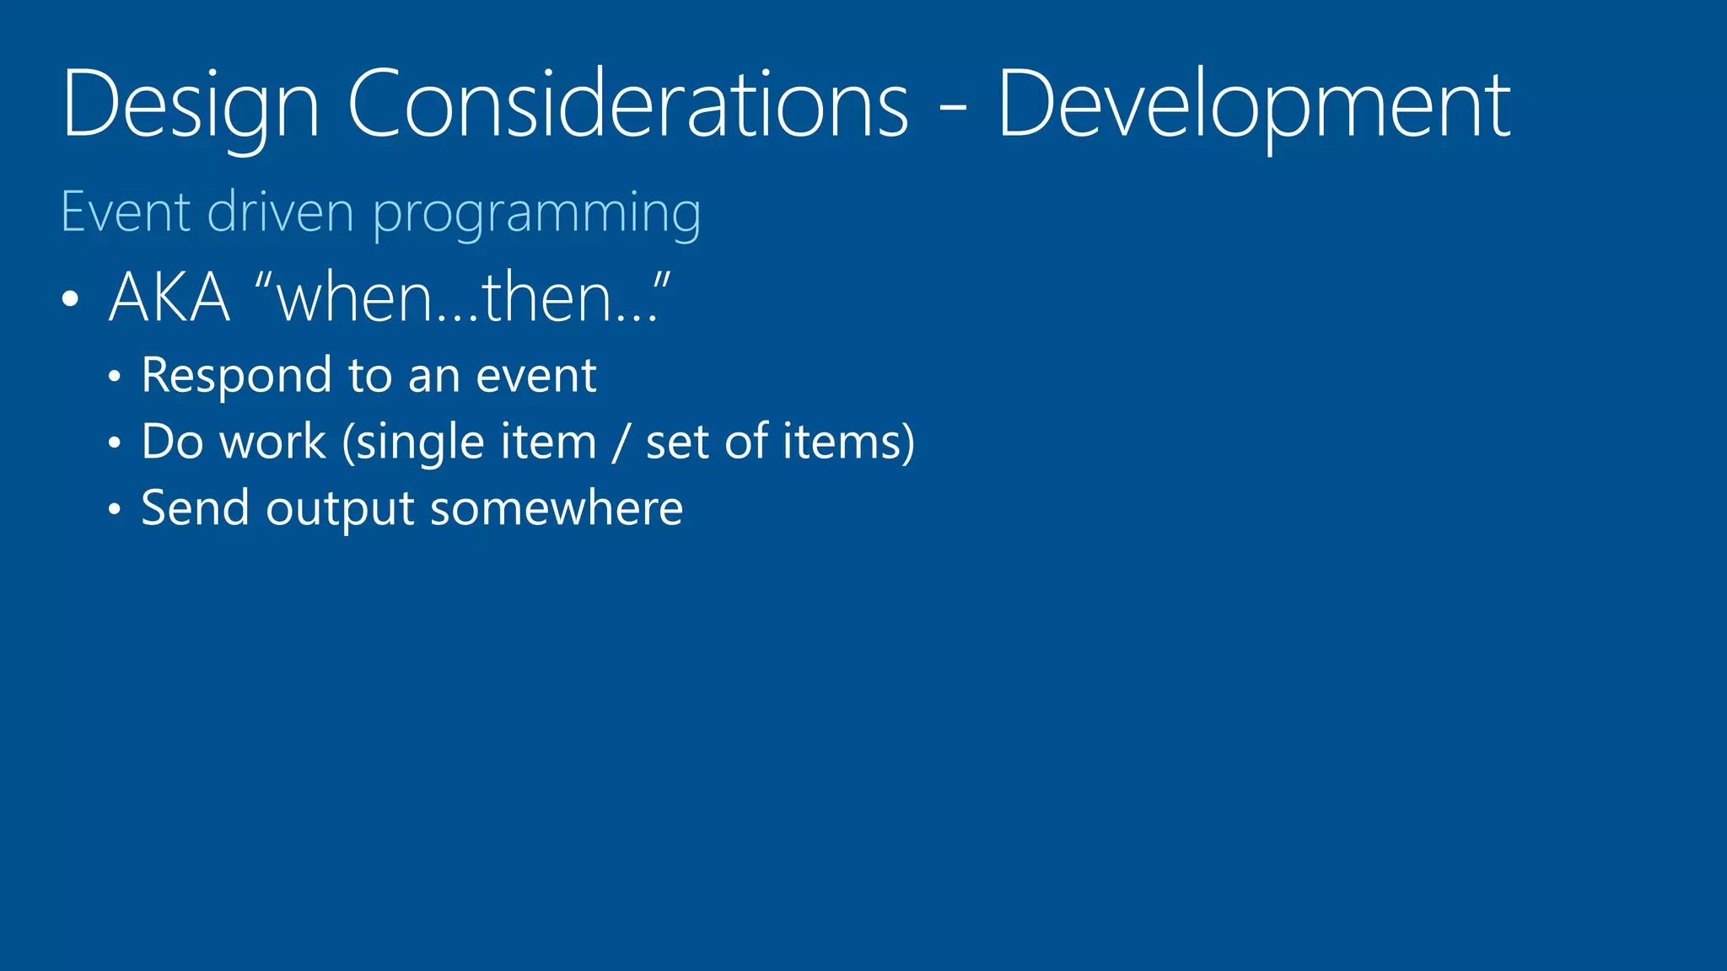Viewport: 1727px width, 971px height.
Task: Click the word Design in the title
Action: [191, 105]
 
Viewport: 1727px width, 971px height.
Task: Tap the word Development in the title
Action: [1254, 105]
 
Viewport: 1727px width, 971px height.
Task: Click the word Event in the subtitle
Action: [126, 212]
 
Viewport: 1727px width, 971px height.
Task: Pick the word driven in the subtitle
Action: [280, 212]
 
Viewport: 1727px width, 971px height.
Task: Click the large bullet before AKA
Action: [71, 299]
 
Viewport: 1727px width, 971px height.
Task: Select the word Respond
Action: [236, 376]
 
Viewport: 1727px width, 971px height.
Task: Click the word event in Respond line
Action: [536, 376]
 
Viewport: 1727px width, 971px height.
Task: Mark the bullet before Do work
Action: [115, 443]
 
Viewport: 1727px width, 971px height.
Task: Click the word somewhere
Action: [557, 508]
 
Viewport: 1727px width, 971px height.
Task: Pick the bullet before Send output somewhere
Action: [115, 510]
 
